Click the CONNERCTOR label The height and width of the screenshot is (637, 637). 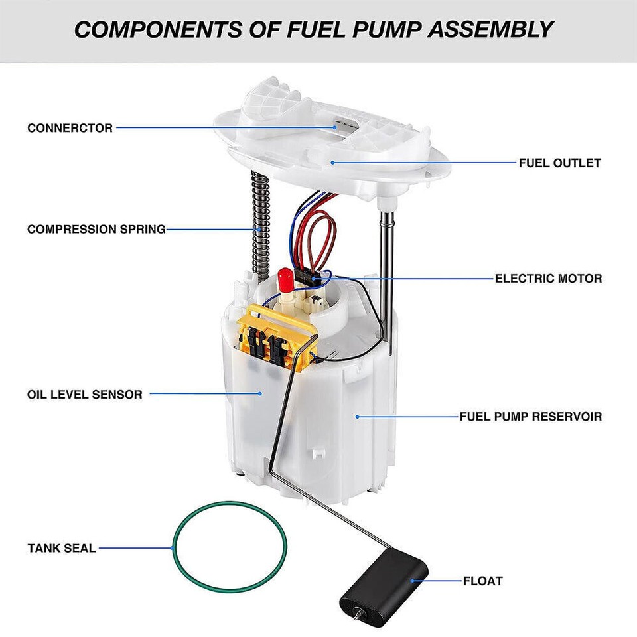(x=70, y=128)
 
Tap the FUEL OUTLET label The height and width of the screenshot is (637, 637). (x=559, y=163)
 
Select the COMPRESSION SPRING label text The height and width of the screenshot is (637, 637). (x=96, y=230)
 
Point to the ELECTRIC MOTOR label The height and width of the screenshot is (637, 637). (x=548, y=279)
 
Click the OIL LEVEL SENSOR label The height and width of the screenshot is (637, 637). (x=84, y=395)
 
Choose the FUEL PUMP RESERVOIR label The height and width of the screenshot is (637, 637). (x=531, y=417)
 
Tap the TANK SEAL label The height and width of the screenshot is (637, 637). (x=61, y=549)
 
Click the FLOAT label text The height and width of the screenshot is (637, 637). (x=482, y=581)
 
